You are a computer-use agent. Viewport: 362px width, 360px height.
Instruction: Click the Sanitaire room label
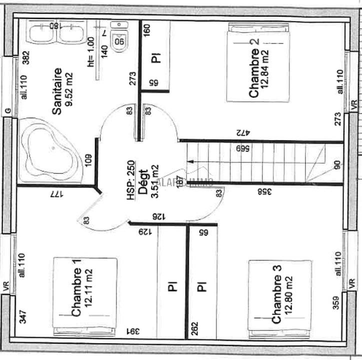point(57,91)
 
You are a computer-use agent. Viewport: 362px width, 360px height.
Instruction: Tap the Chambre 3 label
point(276,293)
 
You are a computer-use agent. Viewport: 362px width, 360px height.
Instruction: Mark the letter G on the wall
point(7,110)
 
